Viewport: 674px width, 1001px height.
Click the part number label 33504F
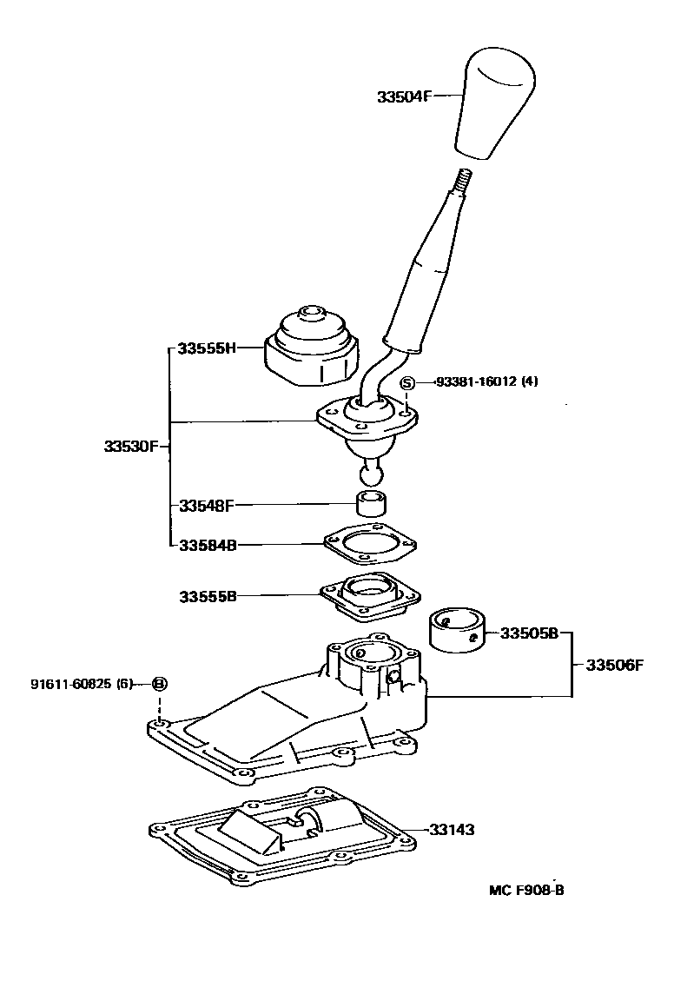pos(404,97)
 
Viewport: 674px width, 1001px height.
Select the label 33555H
pos(207,348)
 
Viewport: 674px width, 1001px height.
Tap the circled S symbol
pos(408,381)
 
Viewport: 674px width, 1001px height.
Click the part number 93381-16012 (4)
pos(486,381)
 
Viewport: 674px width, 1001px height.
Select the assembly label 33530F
pos(130,446)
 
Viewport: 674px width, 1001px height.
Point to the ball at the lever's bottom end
pos(371,474)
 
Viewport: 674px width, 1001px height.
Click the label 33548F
pos(207,504)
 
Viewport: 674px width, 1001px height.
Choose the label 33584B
pos(207,546)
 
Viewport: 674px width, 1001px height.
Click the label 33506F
pos(614,666)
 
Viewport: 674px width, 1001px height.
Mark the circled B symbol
pos(159,684)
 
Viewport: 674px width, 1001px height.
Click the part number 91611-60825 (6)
pos(81,684)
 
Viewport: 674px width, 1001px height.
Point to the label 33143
pos(452,830)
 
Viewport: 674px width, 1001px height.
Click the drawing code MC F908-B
pos(526,890)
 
